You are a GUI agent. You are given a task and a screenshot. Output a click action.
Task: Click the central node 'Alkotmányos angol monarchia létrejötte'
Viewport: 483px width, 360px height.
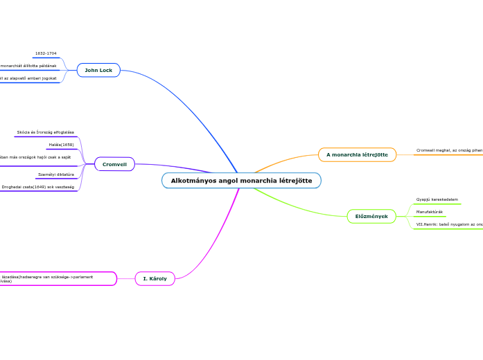241,181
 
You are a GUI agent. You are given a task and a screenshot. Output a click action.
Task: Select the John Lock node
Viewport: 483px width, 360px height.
98,70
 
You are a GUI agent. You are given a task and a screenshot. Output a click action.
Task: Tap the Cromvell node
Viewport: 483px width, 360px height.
114,164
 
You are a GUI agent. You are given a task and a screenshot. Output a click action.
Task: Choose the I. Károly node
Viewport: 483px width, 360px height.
155,278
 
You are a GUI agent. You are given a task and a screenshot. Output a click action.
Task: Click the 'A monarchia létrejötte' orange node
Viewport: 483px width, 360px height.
357,154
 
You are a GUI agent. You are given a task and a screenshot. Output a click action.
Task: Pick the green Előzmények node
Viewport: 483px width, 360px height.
371,217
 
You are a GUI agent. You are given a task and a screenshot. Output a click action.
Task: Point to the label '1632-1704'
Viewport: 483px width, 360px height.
46,53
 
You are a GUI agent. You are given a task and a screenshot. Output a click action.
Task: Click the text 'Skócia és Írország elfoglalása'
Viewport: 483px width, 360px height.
46,132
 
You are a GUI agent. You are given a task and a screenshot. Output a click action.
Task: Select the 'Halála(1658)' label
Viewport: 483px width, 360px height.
61,145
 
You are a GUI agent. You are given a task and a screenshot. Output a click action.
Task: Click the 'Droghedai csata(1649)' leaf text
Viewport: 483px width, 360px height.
37,187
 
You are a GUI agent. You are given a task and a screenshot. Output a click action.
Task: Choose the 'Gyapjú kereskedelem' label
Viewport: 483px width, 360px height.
437,199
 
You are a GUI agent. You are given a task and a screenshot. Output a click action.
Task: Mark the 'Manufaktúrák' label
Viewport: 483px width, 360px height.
430,212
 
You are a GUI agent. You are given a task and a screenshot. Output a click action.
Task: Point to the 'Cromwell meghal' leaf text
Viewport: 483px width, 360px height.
449,150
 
